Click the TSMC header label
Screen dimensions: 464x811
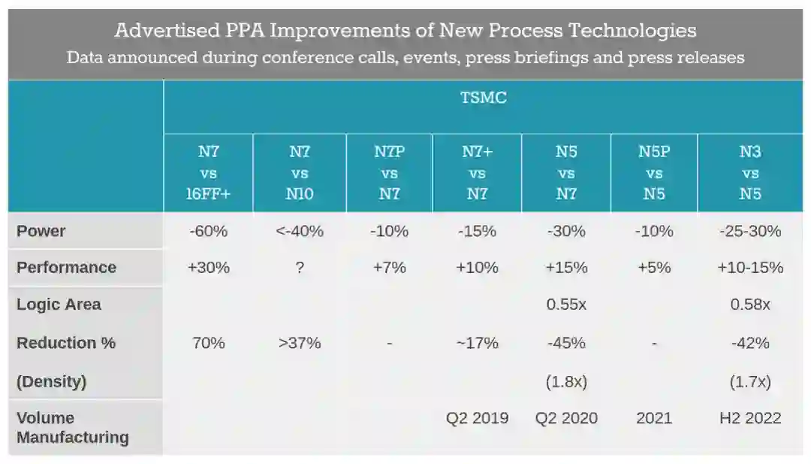click(484, 98)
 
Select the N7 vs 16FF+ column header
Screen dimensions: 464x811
click(208, 172)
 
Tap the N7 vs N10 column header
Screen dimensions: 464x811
click(300, 172)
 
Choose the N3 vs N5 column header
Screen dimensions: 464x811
click(750, 172)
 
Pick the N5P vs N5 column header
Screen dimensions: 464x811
click(654, 172)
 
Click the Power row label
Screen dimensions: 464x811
click(41, 231)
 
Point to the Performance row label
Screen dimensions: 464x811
click(67, 267)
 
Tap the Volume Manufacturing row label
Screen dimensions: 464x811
click(73, 427)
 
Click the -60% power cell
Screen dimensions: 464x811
click(208, 231)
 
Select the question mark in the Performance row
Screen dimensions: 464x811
click(300, 268)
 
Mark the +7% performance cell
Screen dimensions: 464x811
click(389, 268)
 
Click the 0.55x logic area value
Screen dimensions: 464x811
click(566, 305)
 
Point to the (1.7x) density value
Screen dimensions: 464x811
click(750, 382)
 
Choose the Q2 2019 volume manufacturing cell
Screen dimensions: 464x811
click(477, 418)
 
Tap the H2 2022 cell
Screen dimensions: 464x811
click(750, 418)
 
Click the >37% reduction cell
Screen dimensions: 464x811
click(300, 343)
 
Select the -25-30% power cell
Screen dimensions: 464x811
click(750, 231)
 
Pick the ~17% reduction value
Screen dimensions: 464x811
click(477, 343)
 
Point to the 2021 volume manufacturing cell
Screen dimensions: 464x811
click(654, 418)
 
